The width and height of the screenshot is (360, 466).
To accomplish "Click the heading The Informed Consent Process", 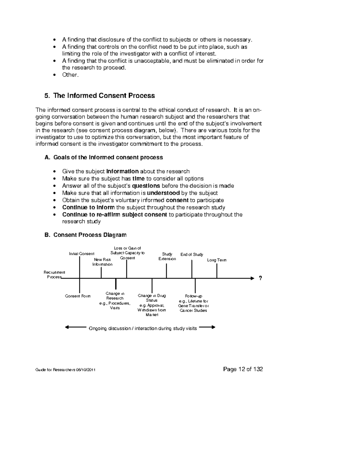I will tap(104, 96).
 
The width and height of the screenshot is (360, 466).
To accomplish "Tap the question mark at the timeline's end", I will tap(260, 278).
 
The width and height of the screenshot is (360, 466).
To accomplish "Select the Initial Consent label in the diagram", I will tap(82, 254).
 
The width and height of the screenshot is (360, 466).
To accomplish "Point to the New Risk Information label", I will tap(102, 262).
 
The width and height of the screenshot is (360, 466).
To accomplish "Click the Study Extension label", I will tap(167, 256).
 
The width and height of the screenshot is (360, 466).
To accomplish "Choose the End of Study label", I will tap(192, 254).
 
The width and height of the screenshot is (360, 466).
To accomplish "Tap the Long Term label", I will tap(217, 260).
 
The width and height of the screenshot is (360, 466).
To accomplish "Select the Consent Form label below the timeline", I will tap(78, 296).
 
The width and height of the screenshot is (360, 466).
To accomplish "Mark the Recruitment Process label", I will tap(54, 275).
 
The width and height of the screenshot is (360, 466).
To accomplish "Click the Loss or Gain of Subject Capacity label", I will tap(127, 253).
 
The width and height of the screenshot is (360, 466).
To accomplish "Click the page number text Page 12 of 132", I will tap(243, 369).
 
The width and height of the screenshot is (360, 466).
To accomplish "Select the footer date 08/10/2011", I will tap(86, 370).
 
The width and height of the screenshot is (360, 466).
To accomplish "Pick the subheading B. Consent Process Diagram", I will tap(85, 235).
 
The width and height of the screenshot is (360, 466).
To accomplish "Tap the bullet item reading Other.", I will tap(70, 75).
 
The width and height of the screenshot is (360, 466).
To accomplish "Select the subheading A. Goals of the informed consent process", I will tap(103, 157).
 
